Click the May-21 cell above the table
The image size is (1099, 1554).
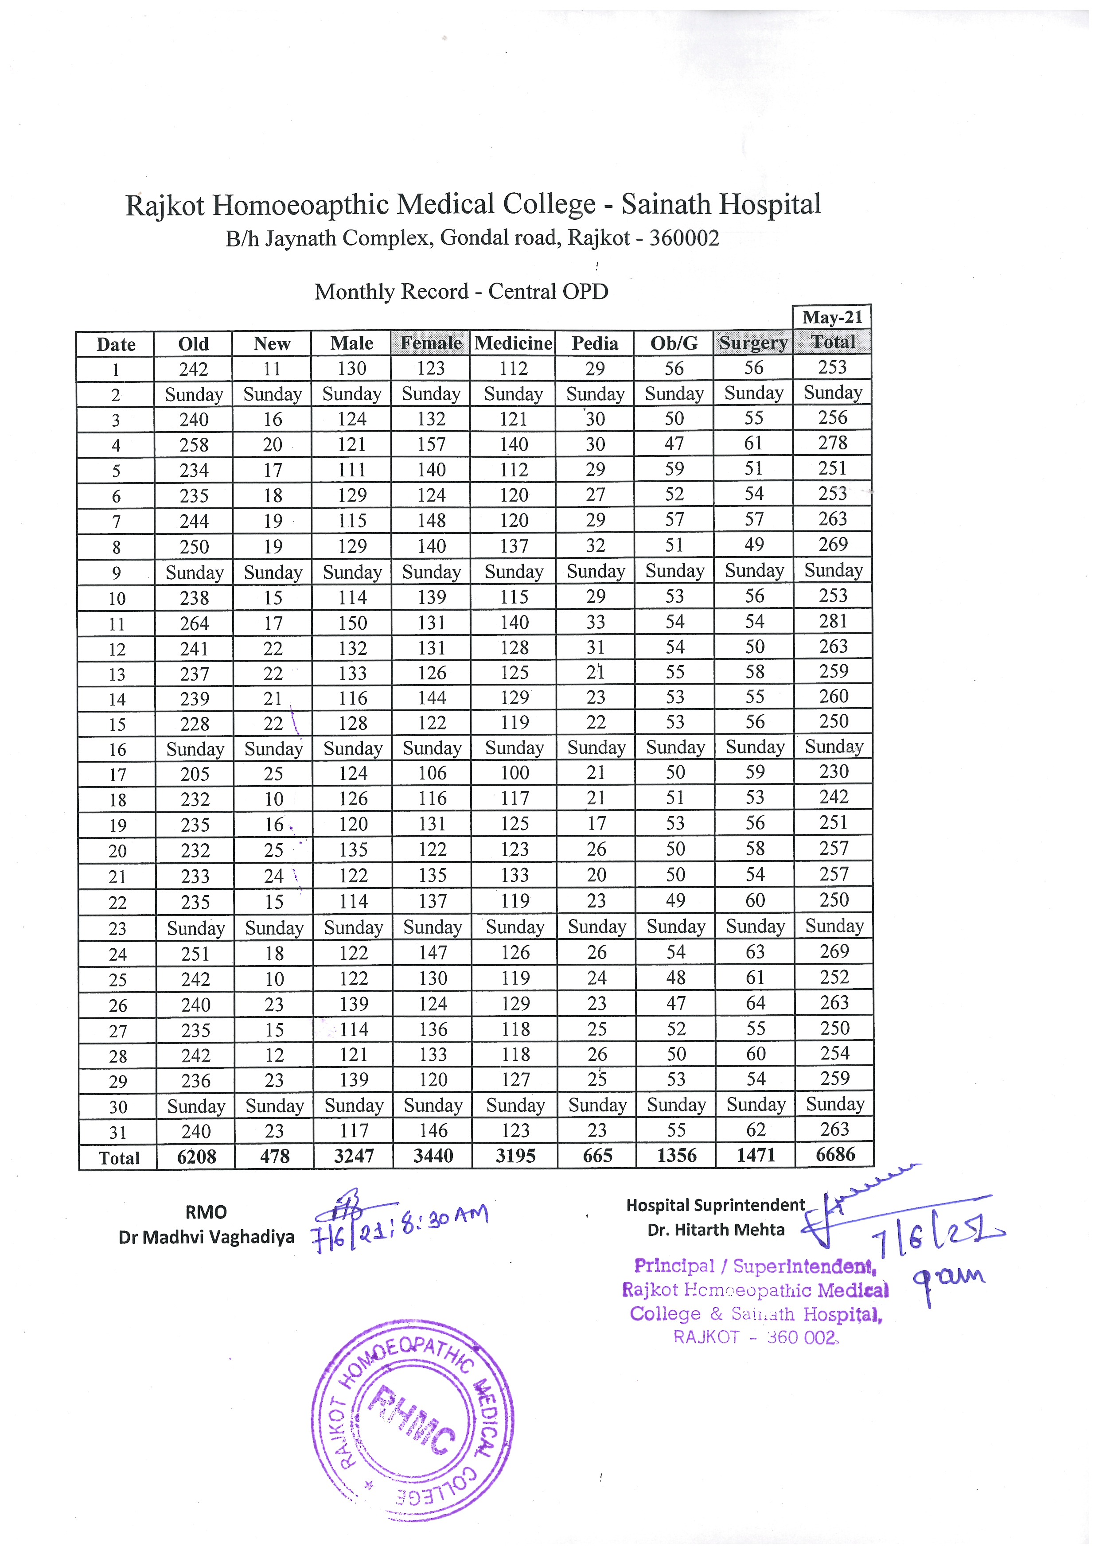832,317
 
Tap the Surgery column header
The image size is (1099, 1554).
753,343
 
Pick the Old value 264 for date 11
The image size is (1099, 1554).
194,623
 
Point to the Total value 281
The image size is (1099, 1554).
833,621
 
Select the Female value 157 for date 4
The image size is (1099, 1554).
431,445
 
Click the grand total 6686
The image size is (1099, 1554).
835,1155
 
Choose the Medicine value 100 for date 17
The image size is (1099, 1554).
514,773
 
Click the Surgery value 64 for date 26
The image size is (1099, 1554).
755,1003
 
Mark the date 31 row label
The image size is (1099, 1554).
118,1132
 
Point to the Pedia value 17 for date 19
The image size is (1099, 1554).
596,824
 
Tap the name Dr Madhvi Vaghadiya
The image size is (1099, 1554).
207,1237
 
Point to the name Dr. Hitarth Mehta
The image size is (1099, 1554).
716,1230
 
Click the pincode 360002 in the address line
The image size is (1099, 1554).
684,238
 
